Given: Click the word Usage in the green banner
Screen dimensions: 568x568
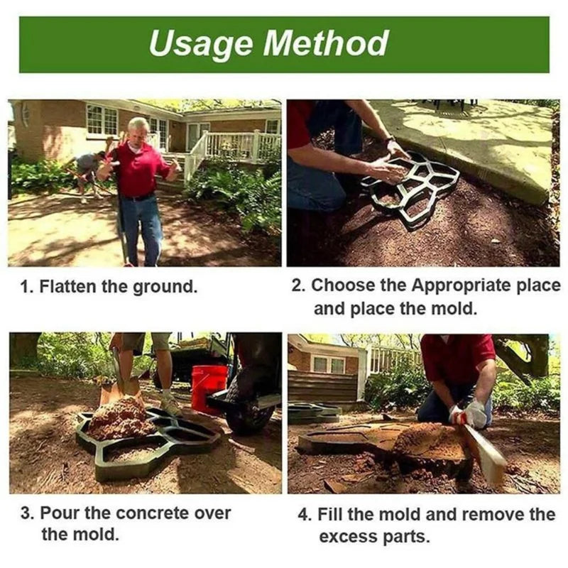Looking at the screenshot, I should point(200,43).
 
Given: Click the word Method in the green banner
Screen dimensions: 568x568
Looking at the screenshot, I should point(326,43).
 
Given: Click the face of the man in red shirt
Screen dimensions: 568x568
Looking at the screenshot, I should point(138,131).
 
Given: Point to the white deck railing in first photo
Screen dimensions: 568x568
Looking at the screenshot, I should point(234,148).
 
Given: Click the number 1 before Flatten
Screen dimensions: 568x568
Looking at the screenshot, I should point(26,288).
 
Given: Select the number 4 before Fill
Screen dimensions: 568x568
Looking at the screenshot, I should point(302,514).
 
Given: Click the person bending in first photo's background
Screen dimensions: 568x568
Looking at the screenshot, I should point(87,171).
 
